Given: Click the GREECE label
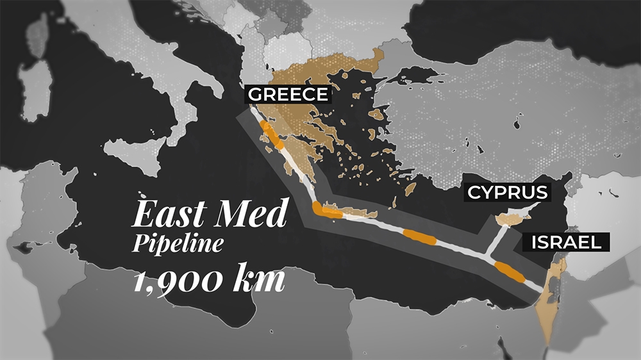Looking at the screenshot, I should pyautogui.click(x=288, y=95).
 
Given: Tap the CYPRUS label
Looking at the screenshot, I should pyautogui.click(x=507, y=192).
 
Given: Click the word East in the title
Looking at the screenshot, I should pyautogui.click(x=169, y=214).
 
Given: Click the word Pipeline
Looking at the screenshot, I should pyautogui.click(x=178, y=244).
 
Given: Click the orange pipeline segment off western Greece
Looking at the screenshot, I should pyautogui.click(x=271, y=137).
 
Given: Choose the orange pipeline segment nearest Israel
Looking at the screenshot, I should pyautogui.click(x=511, y=272).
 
